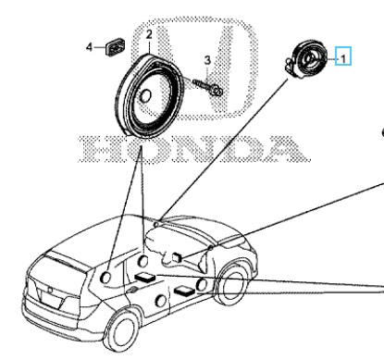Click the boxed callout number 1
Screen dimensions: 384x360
(x=343, y=58)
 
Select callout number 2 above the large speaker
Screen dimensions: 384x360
(x=149, y=34)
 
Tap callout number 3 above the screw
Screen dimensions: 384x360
(x=207, y=60)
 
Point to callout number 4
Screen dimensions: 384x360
(x=89, y=47)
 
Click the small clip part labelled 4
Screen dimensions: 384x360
(x=116, y=47)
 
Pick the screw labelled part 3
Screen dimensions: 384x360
(x=207, y=87)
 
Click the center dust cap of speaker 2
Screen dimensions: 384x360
(x=145, y=95)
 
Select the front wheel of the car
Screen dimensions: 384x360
(x=232, y=284)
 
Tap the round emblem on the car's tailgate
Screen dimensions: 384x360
(x=50, y=291)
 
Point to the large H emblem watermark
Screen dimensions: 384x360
(x=195, y=68)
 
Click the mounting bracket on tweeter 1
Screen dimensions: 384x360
(x=289, y=66)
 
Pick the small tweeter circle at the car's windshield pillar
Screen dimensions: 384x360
(x=156, y=225)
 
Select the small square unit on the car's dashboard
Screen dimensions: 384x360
(x=177, y=257)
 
